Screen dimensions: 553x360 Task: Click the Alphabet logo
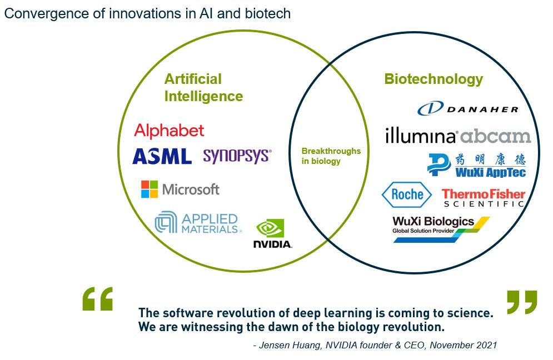click(x=169, y=131)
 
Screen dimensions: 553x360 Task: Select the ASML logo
click(x=162, y=156)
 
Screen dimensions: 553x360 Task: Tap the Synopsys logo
click(x=237, y=156)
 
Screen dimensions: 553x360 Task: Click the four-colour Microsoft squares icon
click(x=150, y=189)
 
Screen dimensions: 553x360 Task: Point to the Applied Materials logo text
click(x=210, y=223)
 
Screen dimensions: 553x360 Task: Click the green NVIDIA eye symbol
click(x=270, y=228)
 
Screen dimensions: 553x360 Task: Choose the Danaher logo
click(x=468, y=108)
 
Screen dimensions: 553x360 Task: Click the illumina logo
click(x=421, y=136)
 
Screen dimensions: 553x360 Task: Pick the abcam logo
click(x=496, y=136)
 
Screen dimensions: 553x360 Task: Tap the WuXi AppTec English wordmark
click(x=490, y=172)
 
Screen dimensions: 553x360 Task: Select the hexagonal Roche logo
click(x=407, y=194)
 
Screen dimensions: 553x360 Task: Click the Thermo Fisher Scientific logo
click(x=483, y=198)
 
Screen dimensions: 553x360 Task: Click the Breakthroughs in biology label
click(x=331, y=156)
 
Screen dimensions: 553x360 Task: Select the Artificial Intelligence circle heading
click(x=203, y=87)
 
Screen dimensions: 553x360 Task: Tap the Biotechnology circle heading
click(x=434, y=79)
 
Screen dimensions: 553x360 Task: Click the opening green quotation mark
click(x=98, y=299)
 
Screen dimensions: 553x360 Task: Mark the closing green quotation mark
click(x=522, y=302)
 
